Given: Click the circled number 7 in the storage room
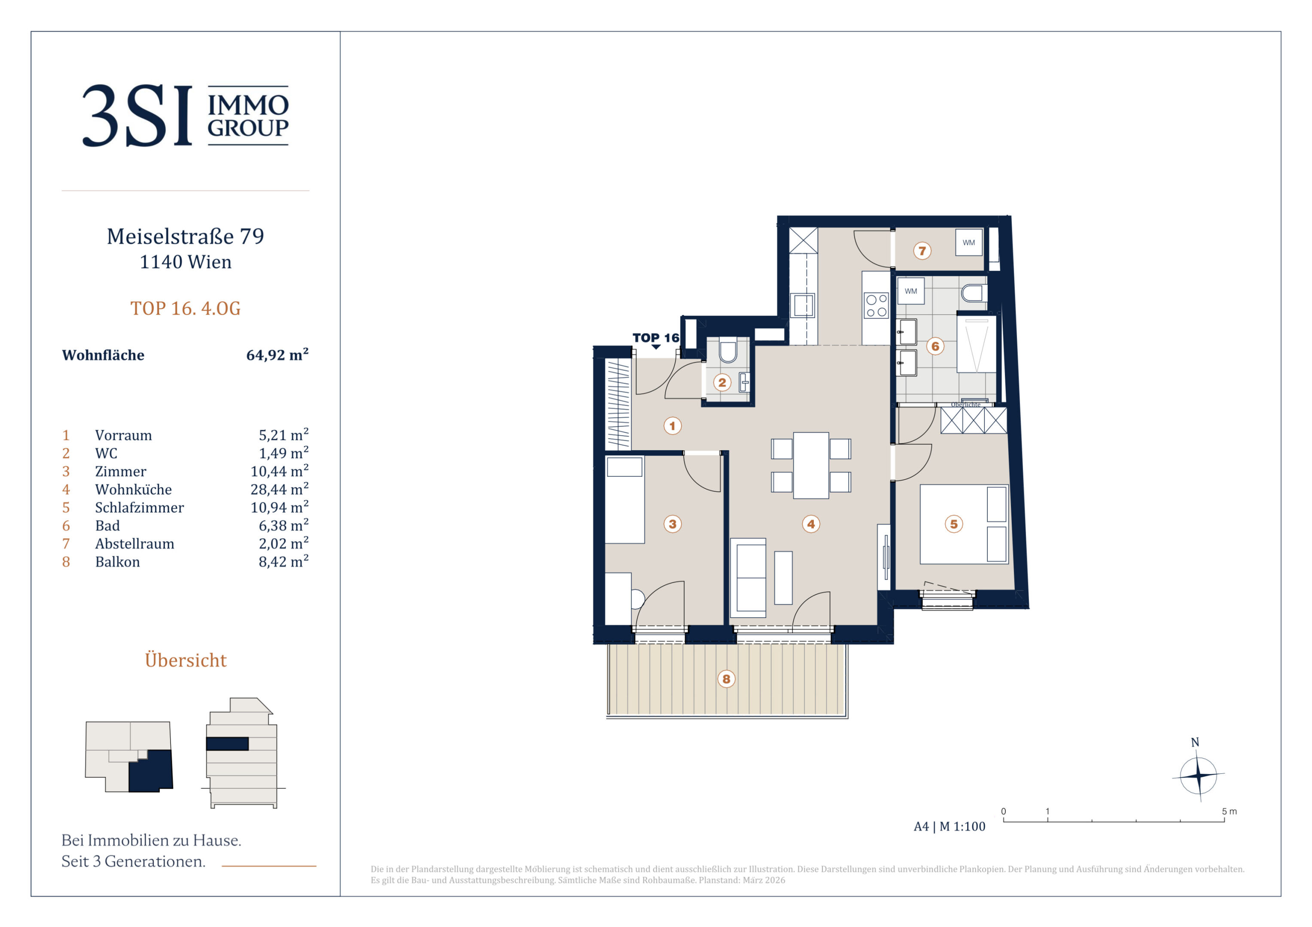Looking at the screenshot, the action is [922, 251].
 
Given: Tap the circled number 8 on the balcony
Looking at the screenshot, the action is [726, 679].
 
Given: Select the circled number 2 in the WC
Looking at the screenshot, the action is [722, 383].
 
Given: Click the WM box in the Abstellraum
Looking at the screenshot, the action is [968, 243].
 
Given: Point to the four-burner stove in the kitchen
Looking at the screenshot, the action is [876, 305].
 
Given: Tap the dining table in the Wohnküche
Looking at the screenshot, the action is [811, 466].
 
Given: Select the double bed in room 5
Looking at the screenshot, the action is [964, 524].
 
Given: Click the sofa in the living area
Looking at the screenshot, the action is [749, 578].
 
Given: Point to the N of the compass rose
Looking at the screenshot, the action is [1195, 742].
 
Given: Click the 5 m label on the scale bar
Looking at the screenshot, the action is [1229, 812].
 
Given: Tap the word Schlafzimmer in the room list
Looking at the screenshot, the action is [140, 508].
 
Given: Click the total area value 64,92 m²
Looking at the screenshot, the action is [277, 354].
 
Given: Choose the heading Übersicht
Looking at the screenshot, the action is [186, 660].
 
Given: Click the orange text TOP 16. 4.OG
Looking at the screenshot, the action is [186, 309].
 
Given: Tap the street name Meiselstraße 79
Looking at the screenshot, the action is [186, 236].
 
